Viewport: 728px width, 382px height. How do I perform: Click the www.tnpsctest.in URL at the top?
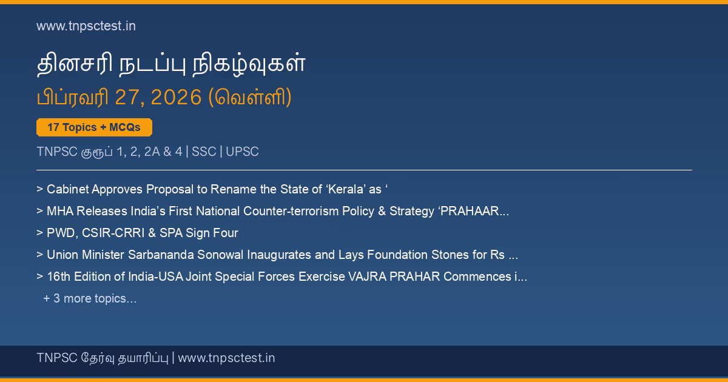pos(86,26)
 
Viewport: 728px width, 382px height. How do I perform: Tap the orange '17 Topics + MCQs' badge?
pos(94,127)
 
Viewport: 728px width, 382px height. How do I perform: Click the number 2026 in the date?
pos(176,97)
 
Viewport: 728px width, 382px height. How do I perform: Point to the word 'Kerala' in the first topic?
pos(346,189)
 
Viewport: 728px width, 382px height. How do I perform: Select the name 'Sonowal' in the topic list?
pos(220,255)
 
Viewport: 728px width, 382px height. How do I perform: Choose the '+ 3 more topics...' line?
pos(90,298)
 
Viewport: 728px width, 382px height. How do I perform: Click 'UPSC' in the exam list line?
pos(242,152)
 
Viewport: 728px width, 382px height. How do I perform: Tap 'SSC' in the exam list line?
pos(204,152)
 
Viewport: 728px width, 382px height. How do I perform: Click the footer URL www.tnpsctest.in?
pos(226,358)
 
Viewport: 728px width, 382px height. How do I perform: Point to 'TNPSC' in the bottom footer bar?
pos(57,358)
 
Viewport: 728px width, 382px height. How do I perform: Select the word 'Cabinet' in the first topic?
pos(67,189)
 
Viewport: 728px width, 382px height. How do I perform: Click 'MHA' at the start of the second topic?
pos(60,211)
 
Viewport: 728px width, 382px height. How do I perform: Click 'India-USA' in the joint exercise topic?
pos(155,276)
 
